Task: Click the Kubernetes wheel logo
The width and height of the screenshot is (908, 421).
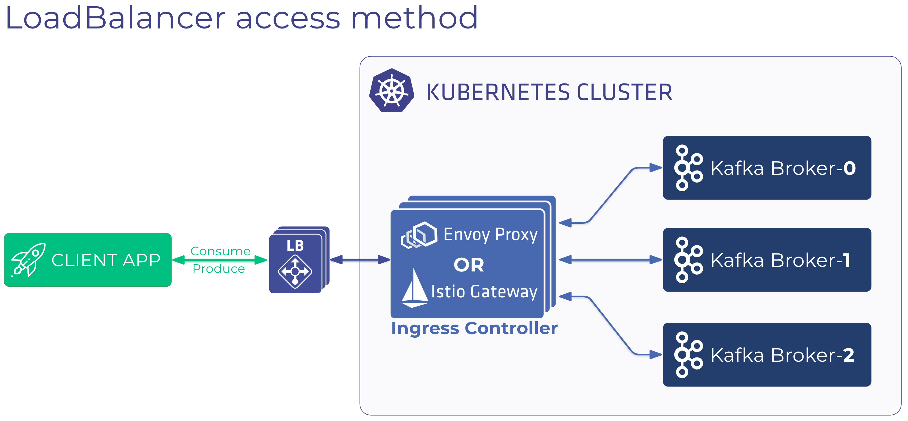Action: (x=392, y=91)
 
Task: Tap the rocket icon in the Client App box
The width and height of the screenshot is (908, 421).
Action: (x=28, y=260)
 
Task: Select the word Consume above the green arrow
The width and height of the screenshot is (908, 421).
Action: (x=220, y=251)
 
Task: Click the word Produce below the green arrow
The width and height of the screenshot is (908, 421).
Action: (x=219, y=269)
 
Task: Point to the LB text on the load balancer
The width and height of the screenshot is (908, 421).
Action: (x=295, y=246)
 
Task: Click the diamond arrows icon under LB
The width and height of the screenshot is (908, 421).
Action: (x=295, y=272)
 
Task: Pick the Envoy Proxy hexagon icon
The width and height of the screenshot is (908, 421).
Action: (x=419, y=235)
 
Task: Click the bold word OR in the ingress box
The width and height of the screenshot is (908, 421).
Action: (x=469, y=265)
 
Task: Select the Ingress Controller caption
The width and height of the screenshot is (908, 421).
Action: (x=474, y=328)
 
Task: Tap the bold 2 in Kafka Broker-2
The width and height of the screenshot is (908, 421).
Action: (x=849, y=355)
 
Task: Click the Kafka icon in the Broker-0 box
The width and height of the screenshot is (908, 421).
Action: (x=688, y=168)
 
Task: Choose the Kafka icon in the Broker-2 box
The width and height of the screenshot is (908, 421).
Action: (x=688, y=355)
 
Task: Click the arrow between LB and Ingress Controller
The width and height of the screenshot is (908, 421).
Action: (x=360, y=260)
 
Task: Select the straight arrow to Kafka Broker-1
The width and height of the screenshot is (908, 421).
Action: (x=611, y=260)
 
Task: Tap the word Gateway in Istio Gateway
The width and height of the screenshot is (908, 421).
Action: (x=504, y=292)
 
